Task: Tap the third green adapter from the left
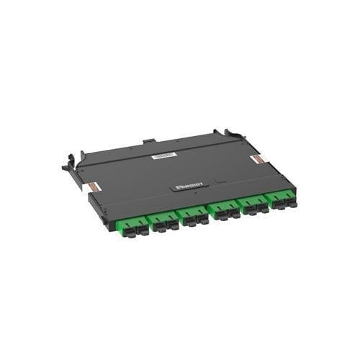[192, 215]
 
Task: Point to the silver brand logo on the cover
[191, 185]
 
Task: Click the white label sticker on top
[166, 155]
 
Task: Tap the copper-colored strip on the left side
[96, 186]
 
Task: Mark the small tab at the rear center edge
[148, 140]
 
